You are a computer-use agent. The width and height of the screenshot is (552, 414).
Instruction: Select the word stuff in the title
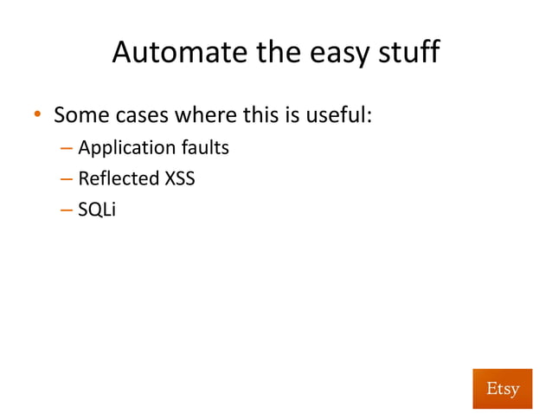click(411, 54)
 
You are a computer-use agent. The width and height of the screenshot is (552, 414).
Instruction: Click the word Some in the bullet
click(80, 114)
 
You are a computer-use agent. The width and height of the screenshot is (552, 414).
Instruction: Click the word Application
click(122, 148)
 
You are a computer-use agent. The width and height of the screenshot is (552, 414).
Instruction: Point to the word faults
click(200, 147)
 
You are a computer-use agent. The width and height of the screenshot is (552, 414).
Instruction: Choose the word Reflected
click(118, 179)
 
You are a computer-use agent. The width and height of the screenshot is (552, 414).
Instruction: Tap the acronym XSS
click(179, 179)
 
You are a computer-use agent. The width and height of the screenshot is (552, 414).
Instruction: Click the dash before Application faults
click(67, 148)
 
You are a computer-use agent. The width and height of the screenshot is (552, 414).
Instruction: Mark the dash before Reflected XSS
click(67, 180)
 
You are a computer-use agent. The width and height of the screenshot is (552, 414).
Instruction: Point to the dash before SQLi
click(67, 211)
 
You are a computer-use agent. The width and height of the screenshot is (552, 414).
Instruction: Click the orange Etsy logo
click(502, 388)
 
